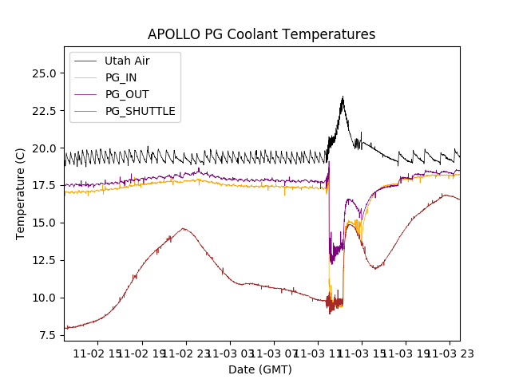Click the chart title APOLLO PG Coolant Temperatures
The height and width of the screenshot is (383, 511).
coord(261,34)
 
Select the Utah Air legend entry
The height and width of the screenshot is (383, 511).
coord(127,61)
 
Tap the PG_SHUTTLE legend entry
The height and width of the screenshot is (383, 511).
coord(140,111)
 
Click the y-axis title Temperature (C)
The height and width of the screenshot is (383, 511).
coord(22,193)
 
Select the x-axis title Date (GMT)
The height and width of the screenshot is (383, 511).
coord(260,369)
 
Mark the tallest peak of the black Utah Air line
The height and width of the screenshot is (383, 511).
coord(343,97)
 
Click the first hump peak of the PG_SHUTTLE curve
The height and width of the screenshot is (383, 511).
coord(184,229)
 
